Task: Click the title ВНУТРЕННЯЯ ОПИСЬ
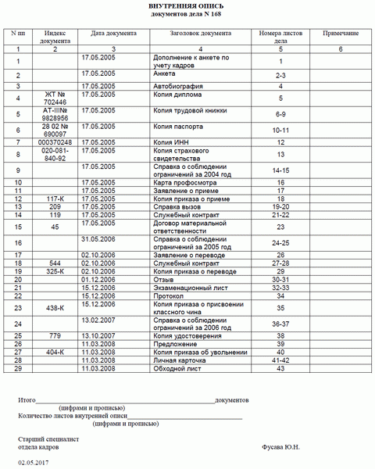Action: click(x=187, y=7)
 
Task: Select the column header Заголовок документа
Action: click(x=200, y=34)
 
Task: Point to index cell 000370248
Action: click(x=55, y=142)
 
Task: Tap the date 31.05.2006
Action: click(x=98, y=238)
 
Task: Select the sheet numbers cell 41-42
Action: click(x=280, y=360)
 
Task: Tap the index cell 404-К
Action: click(x=55, y=352)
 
